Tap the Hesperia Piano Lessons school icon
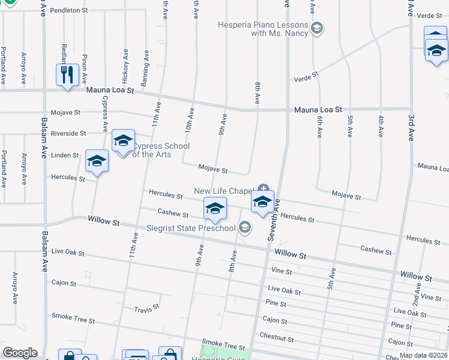pos(317,27)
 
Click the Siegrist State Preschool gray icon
pos(244,227)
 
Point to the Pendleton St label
pos(69,11)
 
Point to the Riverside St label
pos(68,133)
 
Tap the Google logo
pos(20,353)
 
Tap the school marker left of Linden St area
pos(97,161)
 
